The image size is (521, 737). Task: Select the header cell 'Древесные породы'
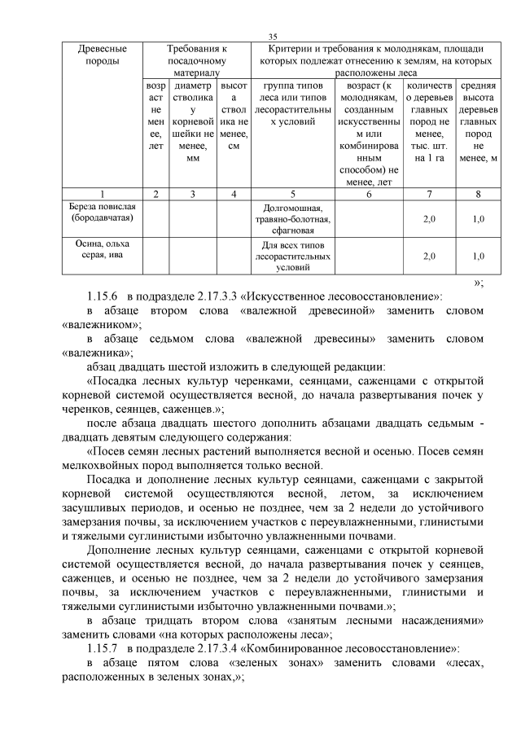(102, 55)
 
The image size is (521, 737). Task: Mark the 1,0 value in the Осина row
(479, 256)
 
